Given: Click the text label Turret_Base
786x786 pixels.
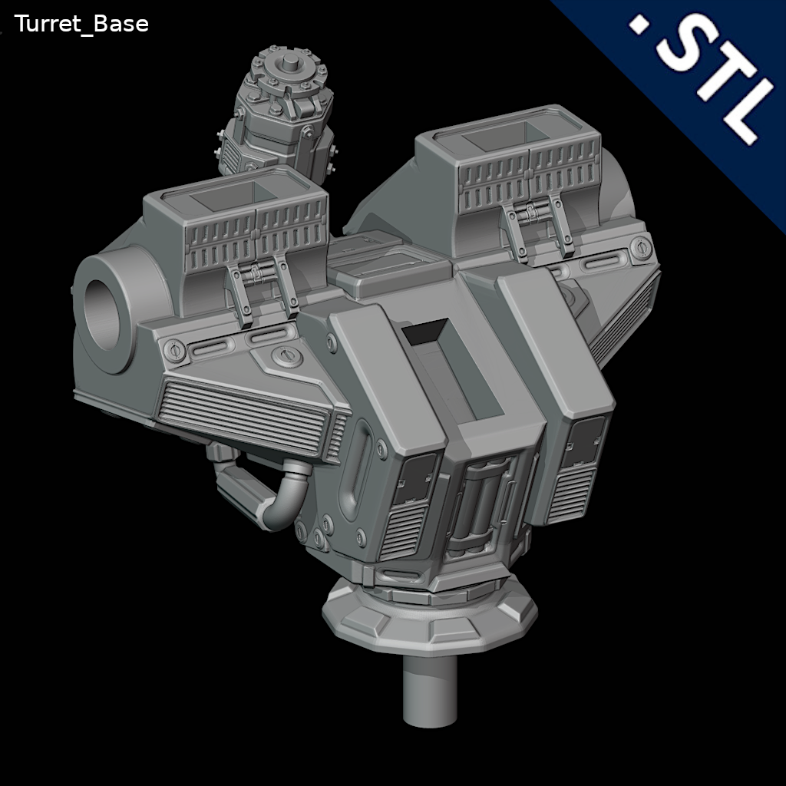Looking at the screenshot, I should (x=81, y=25).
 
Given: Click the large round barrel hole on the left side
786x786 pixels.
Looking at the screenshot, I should (x=105, y=314).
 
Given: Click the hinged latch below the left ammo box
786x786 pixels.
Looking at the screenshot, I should (x=261, y=288).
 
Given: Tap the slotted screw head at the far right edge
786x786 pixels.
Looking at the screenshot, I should (x=639, y=247).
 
